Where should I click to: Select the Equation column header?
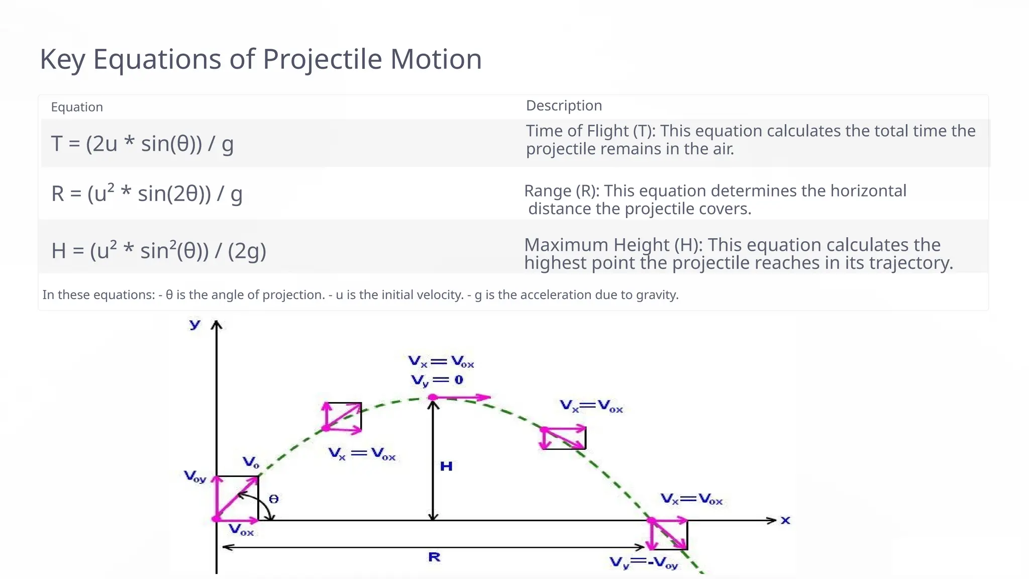point(77,107)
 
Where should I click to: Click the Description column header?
point(564,106)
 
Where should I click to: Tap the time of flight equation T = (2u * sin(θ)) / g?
point(142,144)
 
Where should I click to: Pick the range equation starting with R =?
point(147,194)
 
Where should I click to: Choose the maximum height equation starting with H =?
point(158,250)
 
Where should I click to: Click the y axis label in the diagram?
point(195,324)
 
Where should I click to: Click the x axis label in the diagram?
point(785,520)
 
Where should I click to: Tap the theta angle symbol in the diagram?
point(273,499)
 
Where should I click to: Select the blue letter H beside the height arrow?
point(446,466)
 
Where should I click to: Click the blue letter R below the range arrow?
point(434,557)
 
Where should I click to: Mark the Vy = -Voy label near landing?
point(644,563)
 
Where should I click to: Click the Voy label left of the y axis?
point(195,476)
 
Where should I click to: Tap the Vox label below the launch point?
point(241,530)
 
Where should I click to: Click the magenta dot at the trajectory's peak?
point(433,397)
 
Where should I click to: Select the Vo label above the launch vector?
point(251,462)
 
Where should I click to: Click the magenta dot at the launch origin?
point(216,519)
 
